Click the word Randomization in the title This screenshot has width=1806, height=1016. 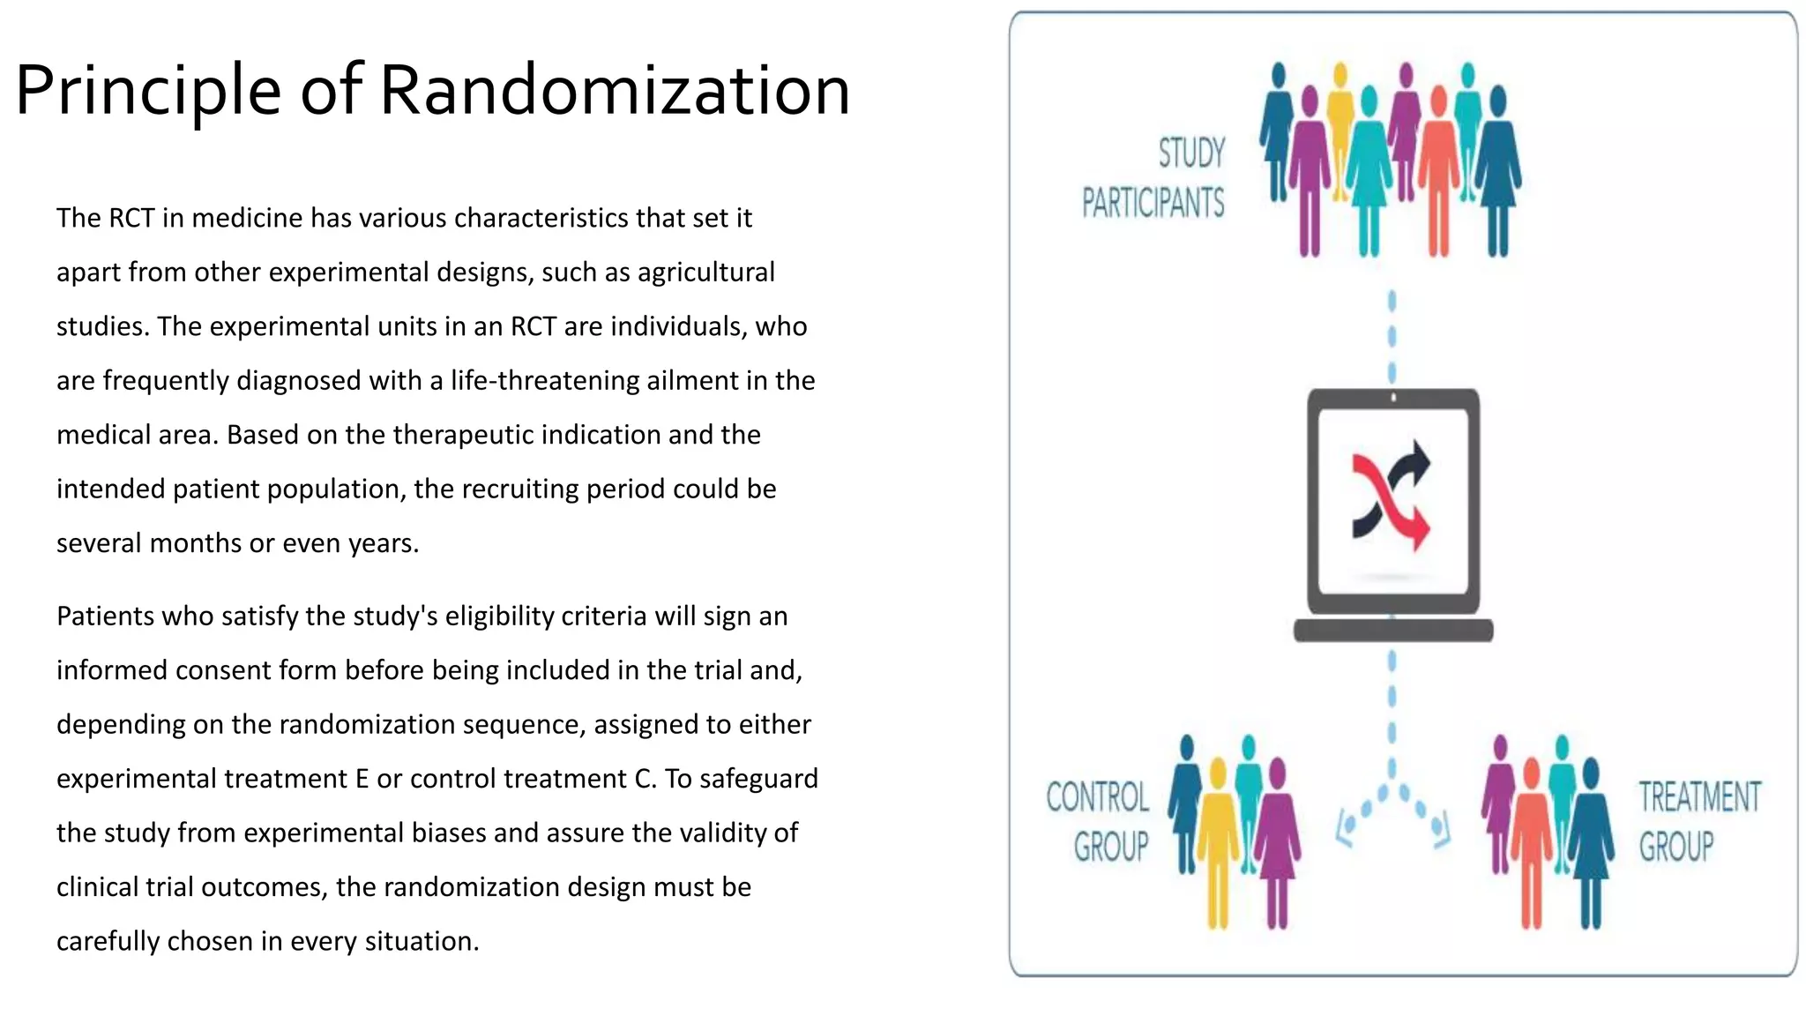coord(615,90)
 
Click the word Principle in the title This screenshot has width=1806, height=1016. coord(148,90)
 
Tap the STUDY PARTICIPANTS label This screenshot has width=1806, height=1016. coord(1153,178)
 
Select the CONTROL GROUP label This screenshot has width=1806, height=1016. coord(1099,821)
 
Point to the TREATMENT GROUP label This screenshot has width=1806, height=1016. coord(1698,821)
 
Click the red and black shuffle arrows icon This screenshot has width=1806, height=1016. coord(1391,496)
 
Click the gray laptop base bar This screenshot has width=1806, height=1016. coord(1392,630)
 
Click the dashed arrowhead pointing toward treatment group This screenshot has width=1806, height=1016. coord(1439,829)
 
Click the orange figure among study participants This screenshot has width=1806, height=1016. coord(1438,168)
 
